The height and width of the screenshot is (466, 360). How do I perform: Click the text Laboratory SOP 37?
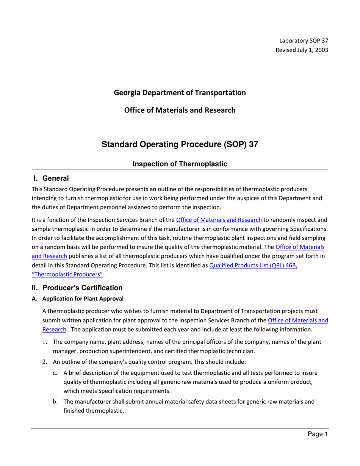pos(303,41)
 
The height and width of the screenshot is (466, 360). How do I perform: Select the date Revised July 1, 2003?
pos(302,50)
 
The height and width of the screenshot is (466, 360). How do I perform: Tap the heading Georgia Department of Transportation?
pos(180,92)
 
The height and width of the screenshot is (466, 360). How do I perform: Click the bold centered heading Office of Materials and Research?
pos(180,110)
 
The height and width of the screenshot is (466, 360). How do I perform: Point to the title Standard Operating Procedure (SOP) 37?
pos(180,144)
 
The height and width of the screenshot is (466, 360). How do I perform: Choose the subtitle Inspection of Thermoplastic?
pos(180,164)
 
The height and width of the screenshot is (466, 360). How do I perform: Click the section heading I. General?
pos(51,178)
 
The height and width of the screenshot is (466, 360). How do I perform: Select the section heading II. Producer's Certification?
pos(77,288)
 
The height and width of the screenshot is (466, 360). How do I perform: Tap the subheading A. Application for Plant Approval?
pos(78,299)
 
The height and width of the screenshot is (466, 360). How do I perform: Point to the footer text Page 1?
pos(317,435)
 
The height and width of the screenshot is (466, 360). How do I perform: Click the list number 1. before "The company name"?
pos(44,342)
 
